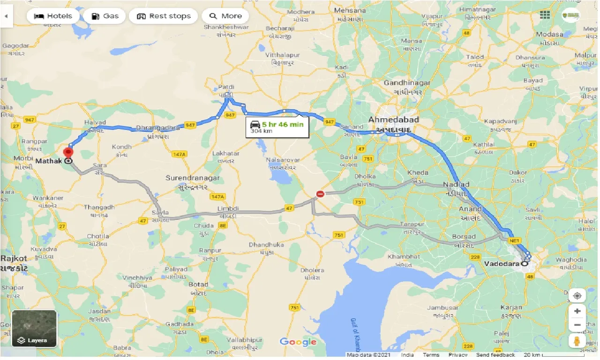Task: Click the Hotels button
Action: point(52,16)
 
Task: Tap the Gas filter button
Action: point(105,16)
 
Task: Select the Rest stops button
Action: point(163,16)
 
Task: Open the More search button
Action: point(225,16)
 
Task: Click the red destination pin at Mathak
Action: point(68,153)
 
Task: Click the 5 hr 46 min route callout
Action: point(277,127)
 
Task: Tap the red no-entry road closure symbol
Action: point(320,194)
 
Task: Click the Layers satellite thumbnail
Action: point(34,329)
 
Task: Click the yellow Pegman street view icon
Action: point(577,341)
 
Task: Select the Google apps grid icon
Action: point(544,15)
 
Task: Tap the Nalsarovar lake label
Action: point(282,160)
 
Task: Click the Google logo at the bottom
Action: point(298,342)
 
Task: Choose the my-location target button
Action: point(577,296)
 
